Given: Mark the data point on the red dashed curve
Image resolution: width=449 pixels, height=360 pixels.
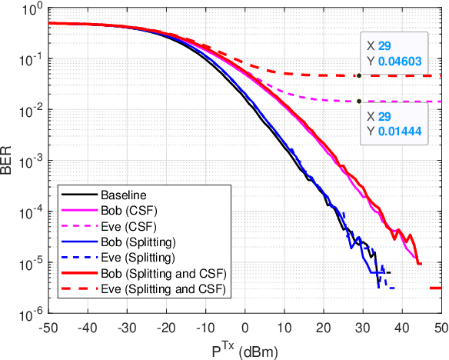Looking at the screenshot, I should click(359, 75).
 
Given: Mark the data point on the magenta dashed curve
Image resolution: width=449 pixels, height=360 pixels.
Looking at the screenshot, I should click(359, 101).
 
